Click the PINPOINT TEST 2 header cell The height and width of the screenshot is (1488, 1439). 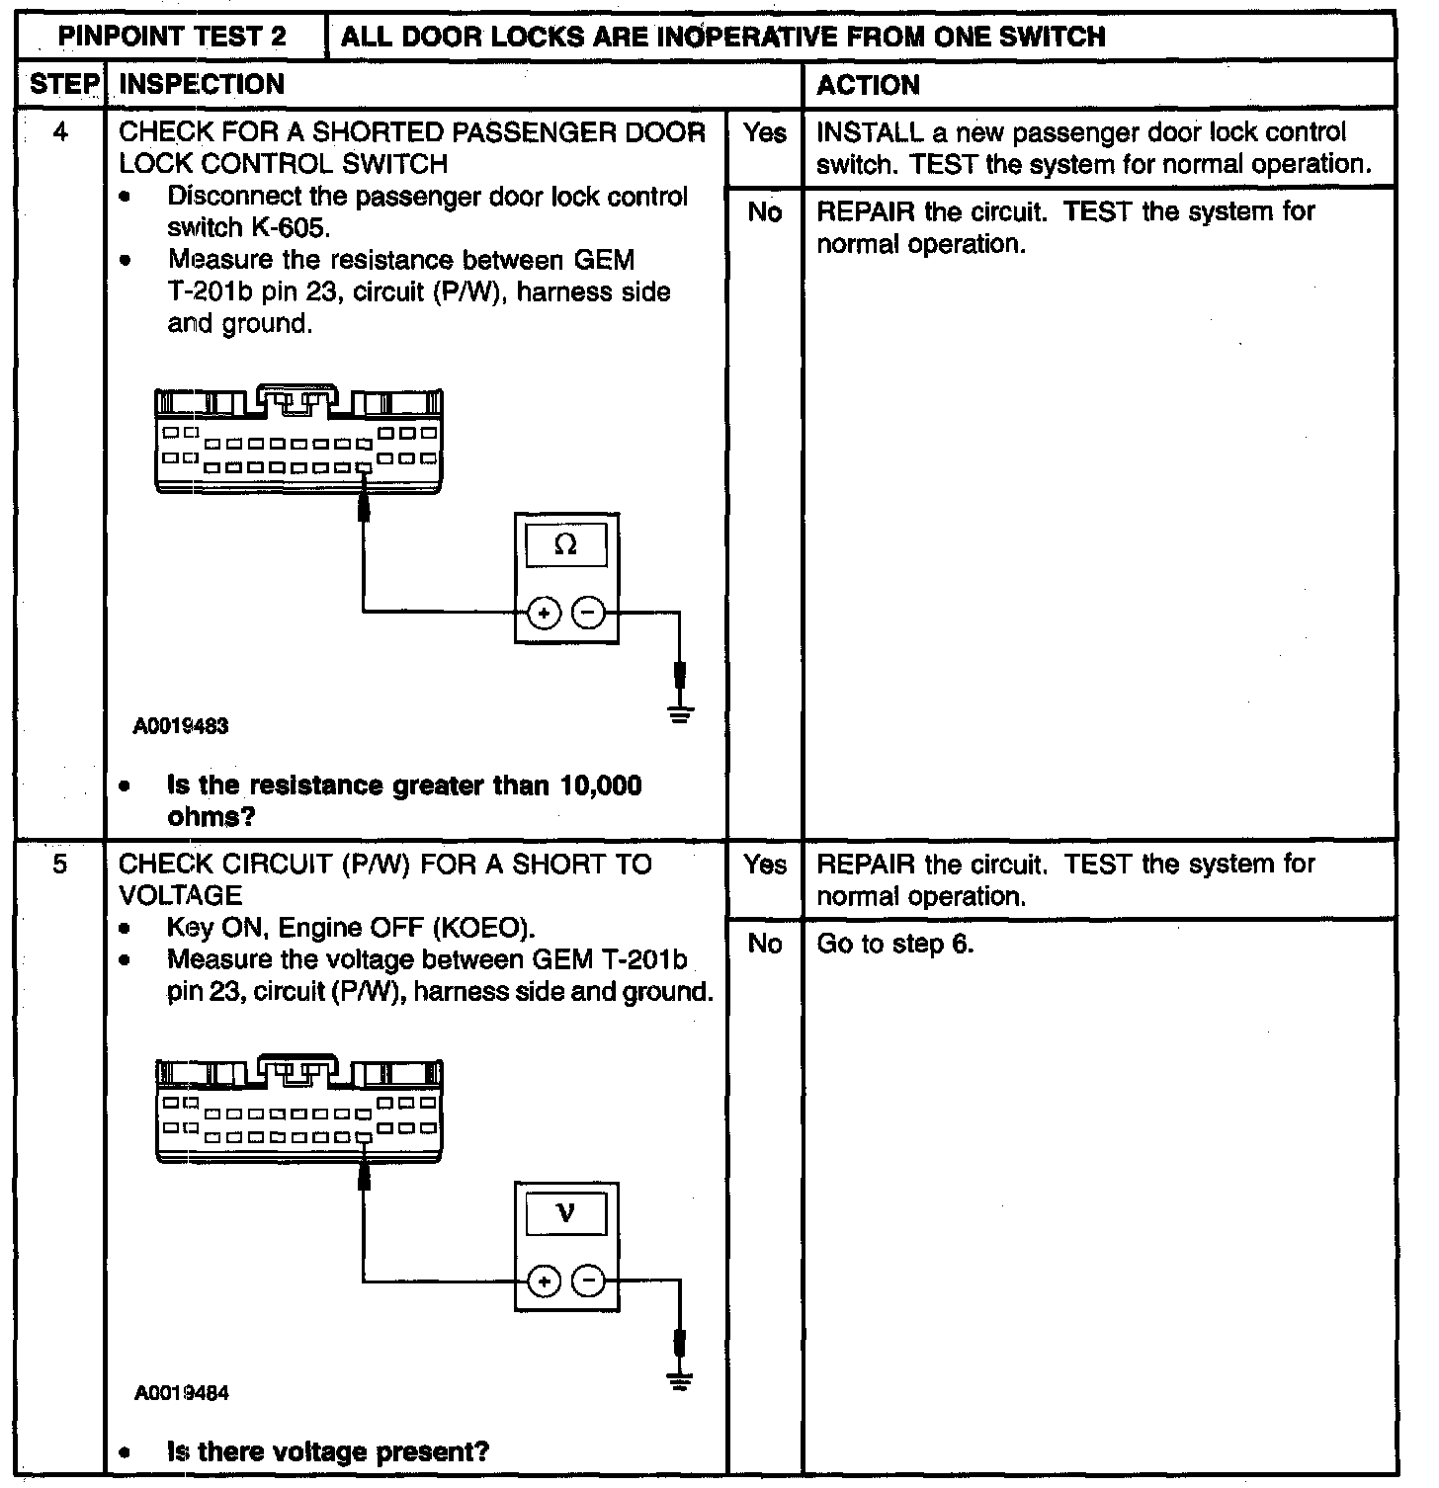[x=172, y=38]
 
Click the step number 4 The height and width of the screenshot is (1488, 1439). [x=61, y=132]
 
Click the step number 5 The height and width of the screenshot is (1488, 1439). [x=61, y=865]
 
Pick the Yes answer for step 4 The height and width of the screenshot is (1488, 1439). [x=764, y=133]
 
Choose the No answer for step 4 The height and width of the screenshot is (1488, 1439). [x=764, y=212]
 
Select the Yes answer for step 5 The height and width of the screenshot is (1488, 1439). [x=764, y=865]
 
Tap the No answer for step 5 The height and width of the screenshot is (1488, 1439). [x=764, y=944]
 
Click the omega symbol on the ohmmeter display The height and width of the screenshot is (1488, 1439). [x=566, y=544]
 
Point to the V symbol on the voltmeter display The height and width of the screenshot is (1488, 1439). [x=566, y=1212]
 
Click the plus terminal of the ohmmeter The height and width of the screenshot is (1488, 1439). [x=544, y=614]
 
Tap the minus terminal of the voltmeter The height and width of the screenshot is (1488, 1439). [x=589, y=1282]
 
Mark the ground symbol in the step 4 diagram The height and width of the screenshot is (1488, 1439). [x=680, y=712]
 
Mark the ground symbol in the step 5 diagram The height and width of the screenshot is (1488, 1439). [x=680, y=1380]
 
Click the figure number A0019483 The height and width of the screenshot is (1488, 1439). [x=182, y=726]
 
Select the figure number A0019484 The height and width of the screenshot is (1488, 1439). [x=182, y=1394]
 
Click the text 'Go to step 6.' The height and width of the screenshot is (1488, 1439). [x=894, y=945]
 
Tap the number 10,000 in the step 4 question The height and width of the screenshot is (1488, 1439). [x=601, y=786]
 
